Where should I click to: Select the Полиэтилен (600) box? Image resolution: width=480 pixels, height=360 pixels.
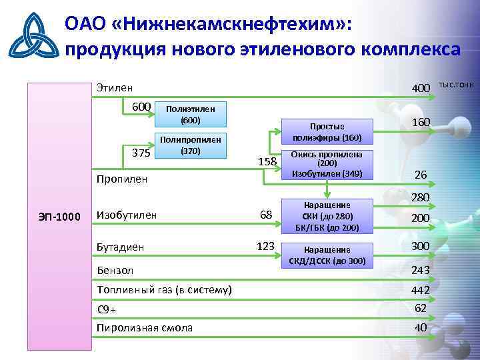click(x=190, y=114)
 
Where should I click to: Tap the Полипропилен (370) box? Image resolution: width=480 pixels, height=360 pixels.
click(x=190, y=145)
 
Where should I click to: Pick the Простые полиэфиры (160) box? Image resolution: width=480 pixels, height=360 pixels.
click(x=327, y=131)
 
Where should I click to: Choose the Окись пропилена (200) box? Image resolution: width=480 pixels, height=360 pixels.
click(x=327, y=164)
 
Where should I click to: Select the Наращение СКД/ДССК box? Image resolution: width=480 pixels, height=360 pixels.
click(x=327, y=255)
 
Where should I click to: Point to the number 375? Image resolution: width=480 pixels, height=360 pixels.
click(x=141, y=152)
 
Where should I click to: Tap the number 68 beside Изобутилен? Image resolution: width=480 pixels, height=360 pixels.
click(x=265, y=214)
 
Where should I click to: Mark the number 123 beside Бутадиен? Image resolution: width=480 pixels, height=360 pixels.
click(x=265, y=246)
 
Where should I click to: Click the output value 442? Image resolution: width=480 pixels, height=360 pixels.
click(x=420, y=291)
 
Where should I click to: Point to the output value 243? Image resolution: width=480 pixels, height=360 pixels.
click(x=420, y=269)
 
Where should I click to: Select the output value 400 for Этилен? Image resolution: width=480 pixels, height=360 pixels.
click(x=421, y=88)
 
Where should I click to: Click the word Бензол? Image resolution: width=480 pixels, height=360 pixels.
click(x=115, y=270)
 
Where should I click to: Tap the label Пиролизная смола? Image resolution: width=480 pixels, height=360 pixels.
click(x=145, y=327)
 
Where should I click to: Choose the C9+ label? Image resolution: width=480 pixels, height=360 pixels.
click(x=107, y=309)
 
